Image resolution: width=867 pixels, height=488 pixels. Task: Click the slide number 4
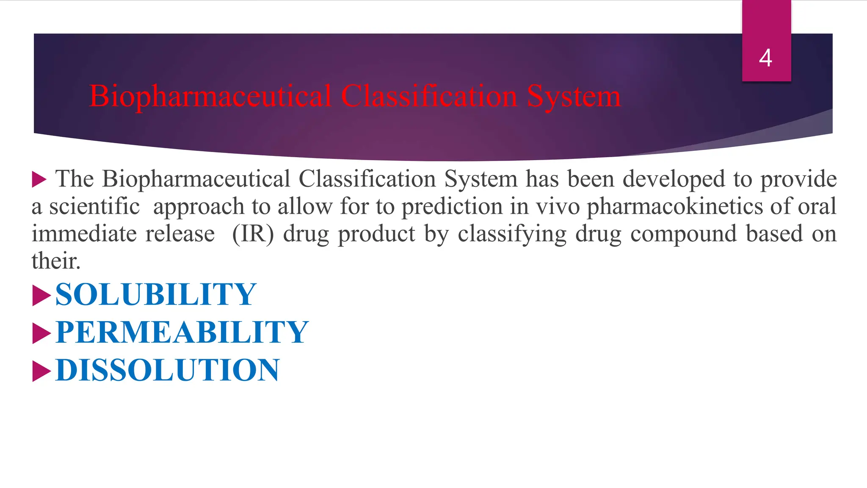tap(765, 58)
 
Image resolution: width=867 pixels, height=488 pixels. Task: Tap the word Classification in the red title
tap(429, 96)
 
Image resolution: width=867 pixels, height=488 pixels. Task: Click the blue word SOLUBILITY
tap(155, 294)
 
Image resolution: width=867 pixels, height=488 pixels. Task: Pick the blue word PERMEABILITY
tap(182, 332)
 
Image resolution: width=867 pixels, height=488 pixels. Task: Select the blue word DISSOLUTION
tap(167, 370)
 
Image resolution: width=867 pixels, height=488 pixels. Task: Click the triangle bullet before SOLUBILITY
tap(41, 295)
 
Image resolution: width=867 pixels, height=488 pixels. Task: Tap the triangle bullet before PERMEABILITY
tap(41, 333)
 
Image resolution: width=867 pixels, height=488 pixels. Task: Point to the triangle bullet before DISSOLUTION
tap(41, 371)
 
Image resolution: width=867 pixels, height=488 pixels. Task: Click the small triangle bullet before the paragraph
tap(39, 179)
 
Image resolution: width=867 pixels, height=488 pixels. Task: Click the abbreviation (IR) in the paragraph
tap(253, 234)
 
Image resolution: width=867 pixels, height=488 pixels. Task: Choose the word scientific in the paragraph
tap(94, 207)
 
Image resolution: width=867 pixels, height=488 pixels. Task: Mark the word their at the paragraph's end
tap(55, 261)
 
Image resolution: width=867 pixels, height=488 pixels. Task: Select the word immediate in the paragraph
tap(84, 234)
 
